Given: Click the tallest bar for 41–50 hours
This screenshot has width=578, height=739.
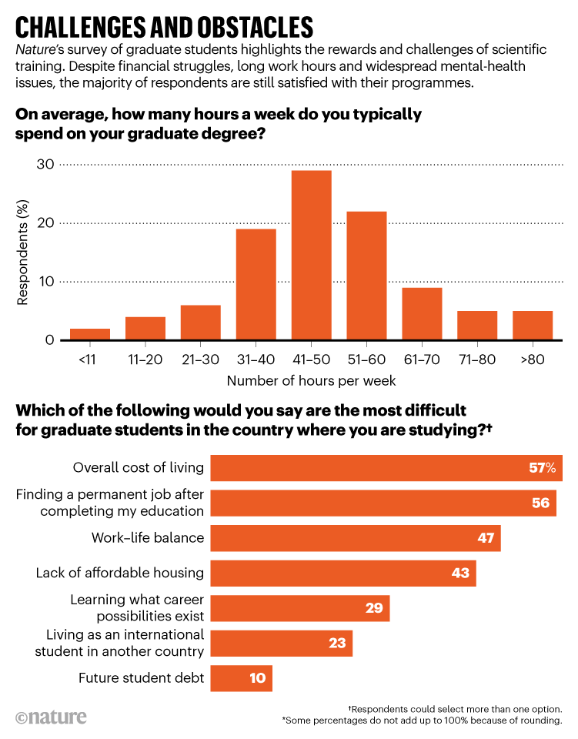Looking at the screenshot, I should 311,255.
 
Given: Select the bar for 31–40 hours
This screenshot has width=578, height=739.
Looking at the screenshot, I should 256,284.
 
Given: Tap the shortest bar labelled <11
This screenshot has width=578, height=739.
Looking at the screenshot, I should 90,334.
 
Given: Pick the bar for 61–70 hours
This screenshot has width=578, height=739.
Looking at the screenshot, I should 422,313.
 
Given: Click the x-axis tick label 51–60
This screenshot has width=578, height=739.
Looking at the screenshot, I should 366,358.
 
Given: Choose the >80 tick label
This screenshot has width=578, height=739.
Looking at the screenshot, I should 532,358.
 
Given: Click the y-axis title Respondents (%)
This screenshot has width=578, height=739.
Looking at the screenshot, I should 22,252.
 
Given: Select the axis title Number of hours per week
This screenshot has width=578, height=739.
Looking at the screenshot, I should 311,380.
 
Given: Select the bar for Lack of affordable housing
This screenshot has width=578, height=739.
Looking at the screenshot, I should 343,573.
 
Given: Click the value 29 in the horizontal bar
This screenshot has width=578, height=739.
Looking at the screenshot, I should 373,608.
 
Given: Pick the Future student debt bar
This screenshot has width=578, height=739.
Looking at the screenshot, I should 241,678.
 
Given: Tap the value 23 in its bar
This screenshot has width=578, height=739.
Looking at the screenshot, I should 336,643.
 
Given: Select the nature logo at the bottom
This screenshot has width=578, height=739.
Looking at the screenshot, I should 51,717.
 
